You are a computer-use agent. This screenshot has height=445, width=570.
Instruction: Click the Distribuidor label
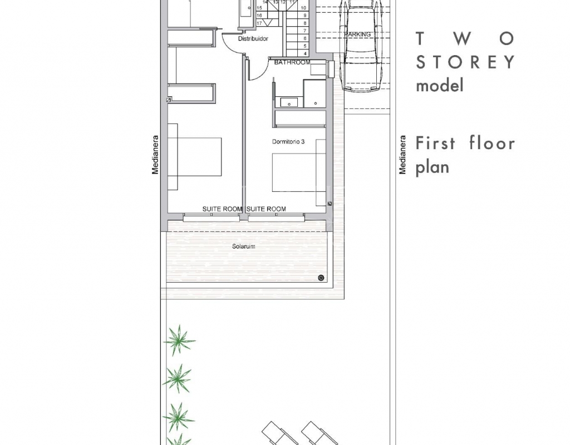pyautogui.click(x=253, y=38)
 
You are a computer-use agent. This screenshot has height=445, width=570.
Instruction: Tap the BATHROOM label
pyautogui.click(x=292, y=62)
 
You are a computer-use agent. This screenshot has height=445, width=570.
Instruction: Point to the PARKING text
pyautogui.click(x=357, y=34)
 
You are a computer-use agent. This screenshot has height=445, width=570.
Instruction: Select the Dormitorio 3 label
pyautogui.click(x=288, y=142)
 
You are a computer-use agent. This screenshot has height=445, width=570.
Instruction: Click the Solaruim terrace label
pyautogui.click(x=244, y=246)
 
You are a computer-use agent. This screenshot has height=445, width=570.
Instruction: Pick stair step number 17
pyautogui.click(x=259, y=23)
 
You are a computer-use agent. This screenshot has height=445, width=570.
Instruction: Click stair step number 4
pyautogui.click(x=305, y=53)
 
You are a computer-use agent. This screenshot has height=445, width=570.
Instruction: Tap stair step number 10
pyautogui.click(x=304, y=8)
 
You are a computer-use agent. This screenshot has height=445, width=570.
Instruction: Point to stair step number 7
pyautogui.click(x=305, y=31)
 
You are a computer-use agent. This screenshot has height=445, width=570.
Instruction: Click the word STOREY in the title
pyautogui.click(x=466, y=62)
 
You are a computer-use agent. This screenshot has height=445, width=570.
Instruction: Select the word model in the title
pyautogui.click(x=440, y=86)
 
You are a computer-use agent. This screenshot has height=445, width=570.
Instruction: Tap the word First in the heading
pyautogui.click(x=435, y=143)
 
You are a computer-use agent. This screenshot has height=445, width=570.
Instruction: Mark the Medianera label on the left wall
pyautogui.click(x=155, y=155)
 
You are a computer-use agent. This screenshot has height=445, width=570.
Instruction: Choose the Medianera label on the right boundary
pyautogui.click(x=402, y=155)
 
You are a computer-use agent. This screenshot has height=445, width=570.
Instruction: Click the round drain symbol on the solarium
pyautogui.click(x=321, y=278)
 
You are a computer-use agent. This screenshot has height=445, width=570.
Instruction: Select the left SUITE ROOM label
pyautogui.click(x=222, y=209)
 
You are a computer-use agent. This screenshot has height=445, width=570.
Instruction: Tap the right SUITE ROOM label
pyautogui.click(x=266, y=209)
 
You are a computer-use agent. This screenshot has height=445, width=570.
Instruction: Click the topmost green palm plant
pyautogui.click(x=178, y=340)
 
